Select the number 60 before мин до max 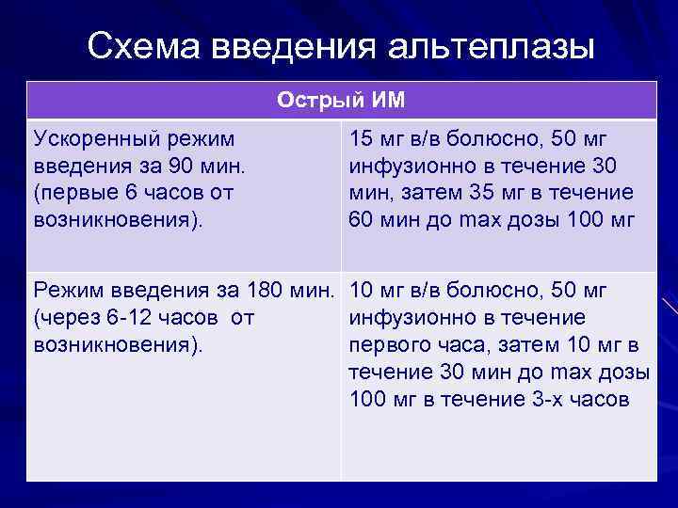(362, 220)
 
